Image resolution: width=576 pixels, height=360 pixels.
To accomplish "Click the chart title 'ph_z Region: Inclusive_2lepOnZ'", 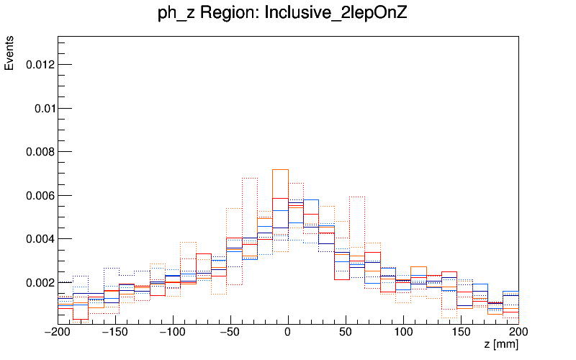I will coord(282,12).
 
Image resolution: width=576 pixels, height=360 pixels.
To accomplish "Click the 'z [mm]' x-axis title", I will coord(501,345).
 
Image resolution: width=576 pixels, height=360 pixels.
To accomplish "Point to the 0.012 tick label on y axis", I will coord(39,65).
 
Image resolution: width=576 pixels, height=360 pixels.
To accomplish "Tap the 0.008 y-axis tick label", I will coord(39,152).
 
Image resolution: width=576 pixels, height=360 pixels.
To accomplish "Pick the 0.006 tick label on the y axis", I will coord(39,195).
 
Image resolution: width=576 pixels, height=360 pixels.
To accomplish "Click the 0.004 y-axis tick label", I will coord(39,239).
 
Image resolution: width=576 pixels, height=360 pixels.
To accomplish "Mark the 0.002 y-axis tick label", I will coord(39,282).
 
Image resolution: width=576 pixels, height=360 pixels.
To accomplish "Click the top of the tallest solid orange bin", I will coord(280,170).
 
